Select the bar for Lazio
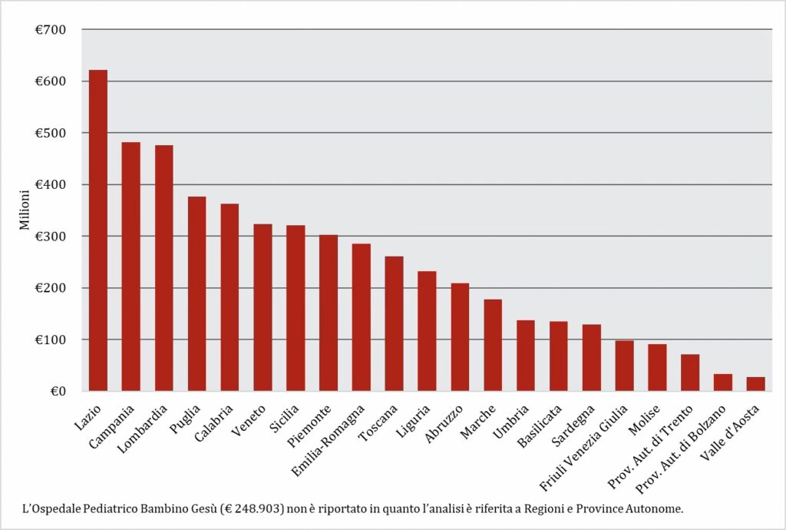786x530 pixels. click(98, 230)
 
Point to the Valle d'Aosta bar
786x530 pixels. click(755, 384)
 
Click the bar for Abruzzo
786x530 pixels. click(460, 337)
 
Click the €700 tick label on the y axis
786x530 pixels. click(51, 30)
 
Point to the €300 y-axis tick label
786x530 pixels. click(51, 237)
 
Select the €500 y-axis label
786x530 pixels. click(51, 133)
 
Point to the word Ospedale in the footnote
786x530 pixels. click(64, 508)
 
